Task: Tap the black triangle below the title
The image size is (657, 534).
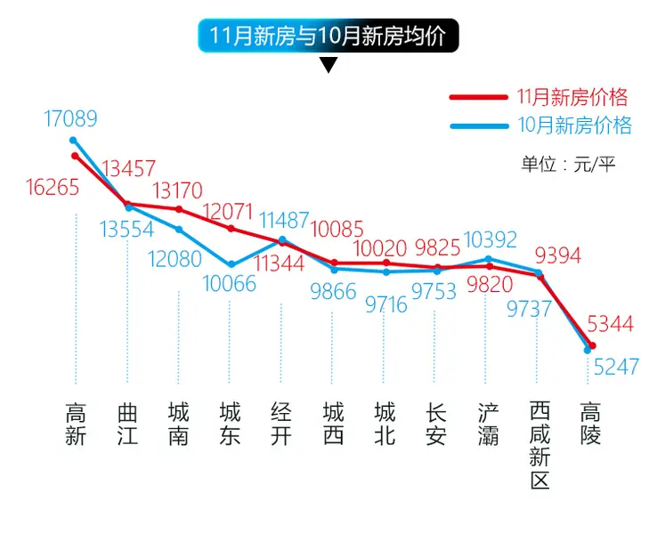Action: point(328,65)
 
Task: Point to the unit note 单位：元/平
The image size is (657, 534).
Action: point(568,164)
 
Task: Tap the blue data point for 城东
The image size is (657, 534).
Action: point(231,264)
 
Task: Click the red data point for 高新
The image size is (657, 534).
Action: point(75,156)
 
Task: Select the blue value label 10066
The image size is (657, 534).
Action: point(228,285)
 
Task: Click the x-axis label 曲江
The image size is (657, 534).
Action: point(127,425)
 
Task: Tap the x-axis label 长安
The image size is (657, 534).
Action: point(436,425)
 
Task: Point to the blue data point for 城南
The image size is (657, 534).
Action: point(179,230)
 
